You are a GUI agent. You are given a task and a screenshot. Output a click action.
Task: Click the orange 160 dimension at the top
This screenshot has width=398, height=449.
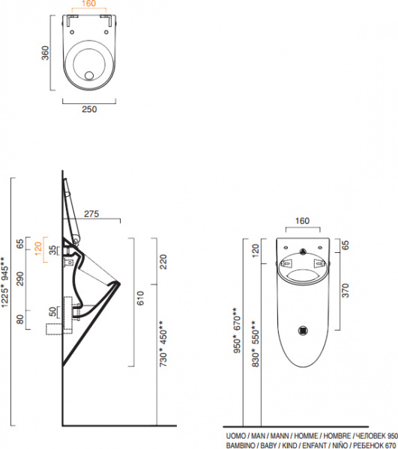pyautogui.click(x=88, y=4)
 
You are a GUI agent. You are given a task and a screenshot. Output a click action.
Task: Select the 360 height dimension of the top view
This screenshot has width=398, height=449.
pyautogui.click(x=45, y=53)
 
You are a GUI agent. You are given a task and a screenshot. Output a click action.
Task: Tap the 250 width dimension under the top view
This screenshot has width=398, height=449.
pyautogui.click(x=89, y=109)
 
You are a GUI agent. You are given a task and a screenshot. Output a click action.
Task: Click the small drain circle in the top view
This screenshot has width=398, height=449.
pyautogui.click(x=89, y=76)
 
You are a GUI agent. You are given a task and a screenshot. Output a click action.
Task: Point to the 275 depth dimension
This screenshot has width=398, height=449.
pyautogui.click(x=91, y=213)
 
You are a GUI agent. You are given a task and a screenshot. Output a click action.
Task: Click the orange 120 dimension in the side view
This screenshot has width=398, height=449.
pyautogui.click(x=38, y=249)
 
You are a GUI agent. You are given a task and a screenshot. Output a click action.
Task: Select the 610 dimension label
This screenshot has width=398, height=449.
pyautogui.click(x=140, y=298)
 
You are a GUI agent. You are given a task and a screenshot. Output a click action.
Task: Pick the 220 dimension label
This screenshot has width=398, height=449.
pyautogui.click(x=163, y=262)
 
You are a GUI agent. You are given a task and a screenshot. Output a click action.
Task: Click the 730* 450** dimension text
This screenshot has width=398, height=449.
pyautogui.click(x=163, y=343)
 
